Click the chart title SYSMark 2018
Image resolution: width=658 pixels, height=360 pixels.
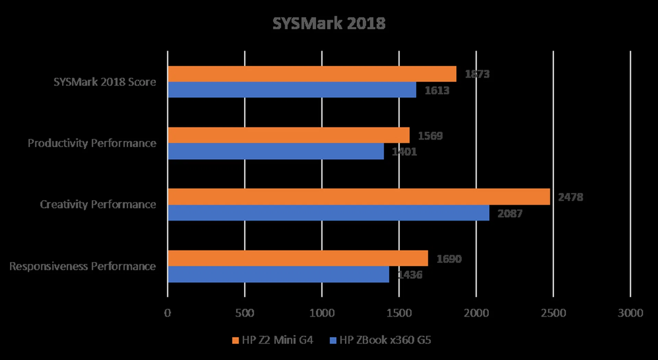click(x=329, y=24)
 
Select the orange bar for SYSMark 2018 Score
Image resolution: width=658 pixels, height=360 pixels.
click(x=312, y=74)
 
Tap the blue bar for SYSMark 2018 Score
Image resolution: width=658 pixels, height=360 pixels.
click(x=292, y=90)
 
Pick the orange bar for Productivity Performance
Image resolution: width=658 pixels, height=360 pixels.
click(x=289, y=135)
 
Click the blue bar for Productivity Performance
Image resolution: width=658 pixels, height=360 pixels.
click(x=276, y=151)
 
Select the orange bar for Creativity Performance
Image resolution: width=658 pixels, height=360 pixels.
click(x=359, y=197)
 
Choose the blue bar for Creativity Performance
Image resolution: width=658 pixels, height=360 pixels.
click(x=329, y=213)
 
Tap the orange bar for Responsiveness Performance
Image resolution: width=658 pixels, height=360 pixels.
click(x=298, y=258)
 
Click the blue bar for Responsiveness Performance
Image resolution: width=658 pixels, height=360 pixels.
click(x=278, y=274)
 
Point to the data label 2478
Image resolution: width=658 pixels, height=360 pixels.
click(x=570, y=197)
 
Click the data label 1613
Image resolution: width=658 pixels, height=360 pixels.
click(x=437, y=90)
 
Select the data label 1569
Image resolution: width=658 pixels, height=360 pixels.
click(x=430, y=136)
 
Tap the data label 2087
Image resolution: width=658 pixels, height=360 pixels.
click(x=510, y=213)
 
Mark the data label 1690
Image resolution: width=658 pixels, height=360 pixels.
click(x=449, y=259)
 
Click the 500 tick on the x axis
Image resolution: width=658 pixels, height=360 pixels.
click(x=244, y=313)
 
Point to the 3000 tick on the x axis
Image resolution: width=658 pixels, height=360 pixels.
click(x=630, y=313)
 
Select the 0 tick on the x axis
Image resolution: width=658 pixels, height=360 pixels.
click(x=167, y=313)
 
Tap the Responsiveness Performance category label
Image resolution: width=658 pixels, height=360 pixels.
click(x=83, y=266)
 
